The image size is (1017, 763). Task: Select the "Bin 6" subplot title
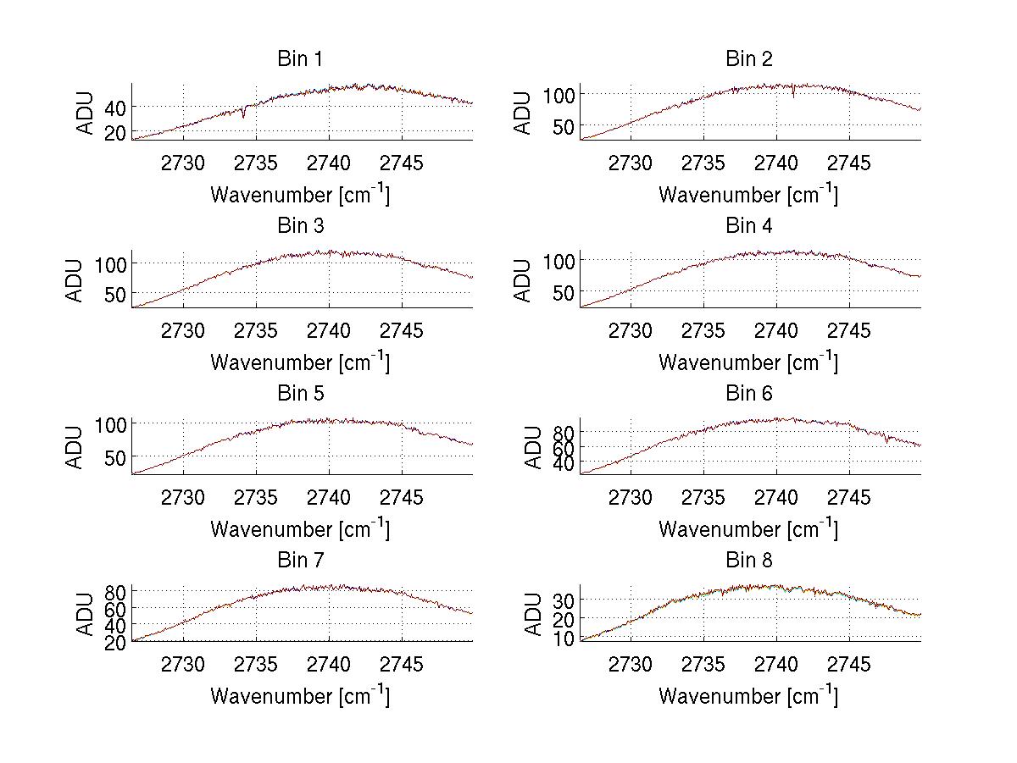pyautogui.click(x=748, y=394)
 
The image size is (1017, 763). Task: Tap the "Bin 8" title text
pyautogui.click(x=748, y=561)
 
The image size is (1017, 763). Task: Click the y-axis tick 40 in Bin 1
pyautogui.click(x=115, y=107)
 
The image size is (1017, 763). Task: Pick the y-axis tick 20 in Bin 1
pyautogui.click(x=115, y=132)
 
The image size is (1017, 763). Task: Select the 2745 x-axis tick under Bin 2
pyautogui.click(x=848, y=163)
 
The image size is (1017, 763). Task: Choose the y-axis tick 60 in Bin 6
pyautogui.click(x=564, y=447)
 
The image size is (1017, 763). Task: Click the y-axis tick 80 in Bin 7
pyautogui.click(x=115, y=591)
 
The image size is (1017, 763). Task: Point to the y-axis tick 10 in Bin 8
pyautogui.click(x=564, y=639)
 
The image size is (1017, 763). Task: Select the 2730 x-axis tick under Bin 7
pyautogui.click(x=183, y=664)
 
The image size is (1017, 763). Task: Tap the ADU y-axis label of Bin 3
pyautogui.click(x=75, y=280)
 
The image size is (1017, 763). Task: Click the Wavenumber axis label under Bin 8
pyautogui.click(x=748, y=695)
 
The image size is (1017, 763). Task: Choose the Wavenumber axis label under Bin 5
pyautogui.click(x=300, y=528)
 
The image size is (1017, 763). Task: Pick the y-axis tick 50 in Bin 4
pyautogui.click(x=564, y=293)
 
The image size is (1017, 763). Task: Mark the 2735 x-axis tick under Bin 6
pyautogui.click(x=703, y=497)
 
